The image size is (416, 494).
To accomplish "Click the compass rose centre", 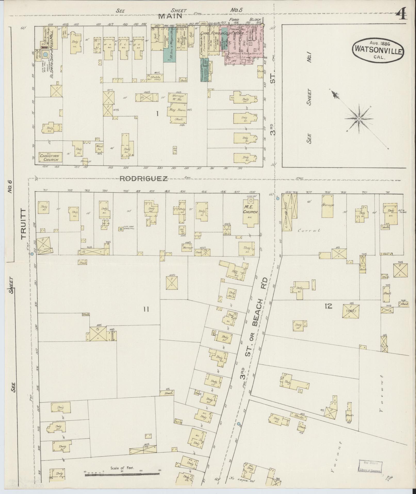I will click(358, 119).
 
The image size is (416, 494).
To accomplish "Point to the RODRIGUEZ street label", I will click(144, 179).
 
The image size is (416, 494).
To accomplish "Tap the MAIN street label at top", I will click(170, 16).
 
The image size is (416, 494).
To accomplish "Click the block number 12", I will click(329, 306).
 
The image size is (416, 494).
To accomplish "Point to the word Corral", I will click(309, 230).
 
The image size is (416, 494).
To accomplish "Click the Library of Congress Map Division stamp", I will click(370, 467).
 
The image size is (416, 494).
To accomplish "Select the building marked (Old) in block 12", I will click(351, 311).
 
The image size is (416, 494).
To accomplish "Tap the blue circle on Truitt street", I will click(32, 254).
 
